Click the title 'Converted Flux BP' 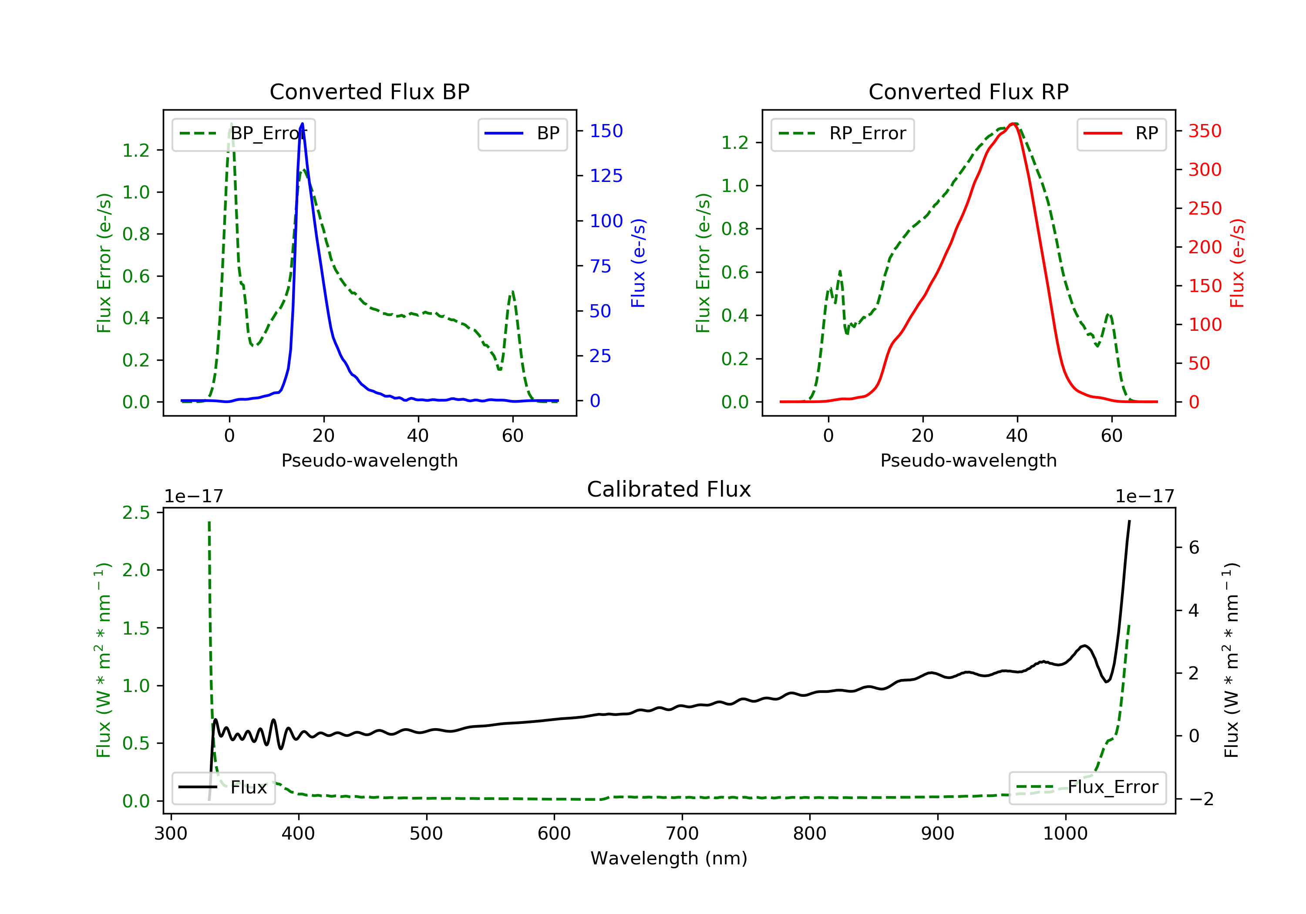[369, 91]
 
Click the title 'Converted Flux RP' [968, 91]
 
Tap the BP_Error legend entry [243, 134]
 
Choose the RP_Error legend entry [842, 134]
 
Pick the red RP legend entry [1121, 134]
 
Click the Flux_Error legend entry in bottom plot [1087, 787]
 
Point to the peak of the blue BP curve [302, 124]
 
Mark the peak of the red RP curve [1013, 124]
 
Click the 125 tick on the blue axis [606, 176]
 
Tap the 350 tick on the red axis [1205, 131]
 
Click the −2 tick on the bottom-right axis [1201, 799]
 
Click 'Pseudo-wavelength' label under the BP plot [369, 460]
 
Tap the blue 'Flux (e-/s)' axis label [638, 263]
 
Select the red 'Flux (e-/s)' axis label [1237, 263]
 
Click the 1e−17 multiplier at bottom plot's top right [1144, 497]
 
